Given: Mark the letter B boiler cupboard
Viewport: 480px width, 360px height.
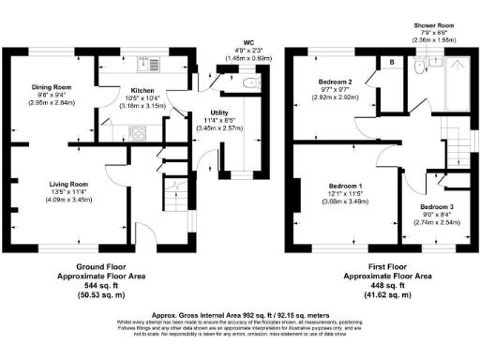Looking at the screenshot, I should (x=391, y=62).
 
